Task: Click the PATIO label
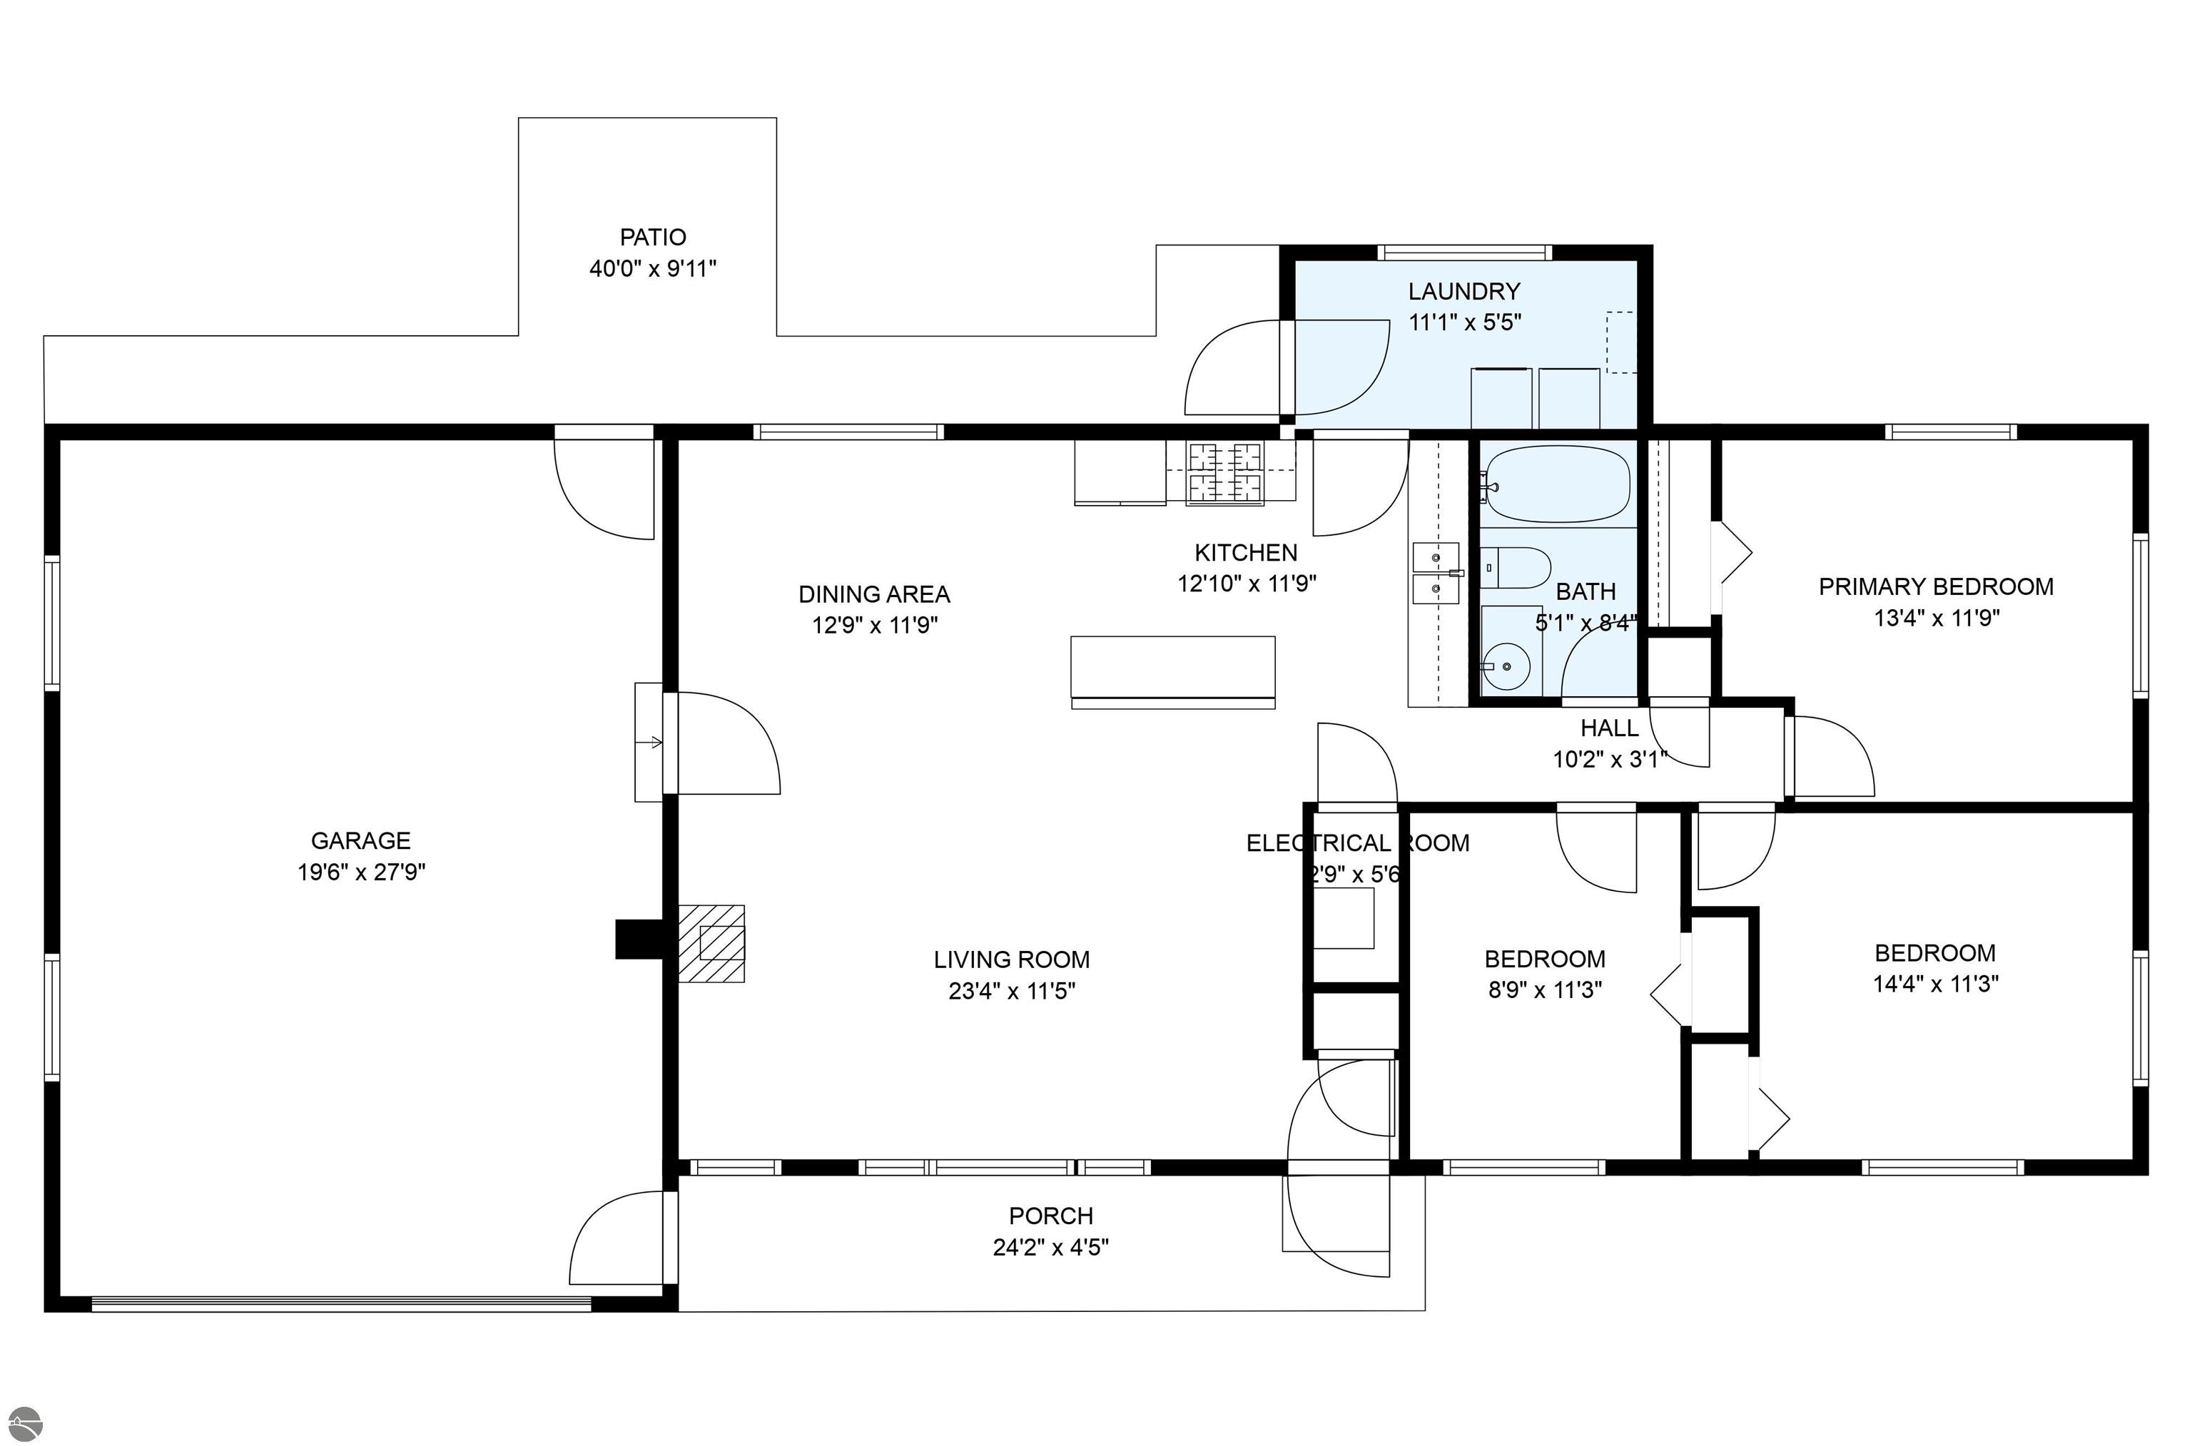pos(653,237)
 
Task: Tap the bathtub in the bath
pos(1558,485)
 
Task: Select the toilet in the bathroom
pos(1515,568)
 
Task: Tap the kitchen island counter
pos(1172,671)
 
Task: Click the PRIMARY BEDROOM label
pos(1936,586)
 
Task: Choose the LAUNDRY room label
pos(1463,292)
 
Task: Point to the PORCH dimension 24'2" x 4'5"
pos(1050,1248)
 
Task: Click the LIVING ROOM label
pos(1012,960)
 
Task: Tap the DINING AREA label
pos(874,594)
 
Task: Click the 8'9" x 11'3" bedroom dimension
pos(1545,990)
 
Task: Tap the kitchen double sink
pos(1436,573)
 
